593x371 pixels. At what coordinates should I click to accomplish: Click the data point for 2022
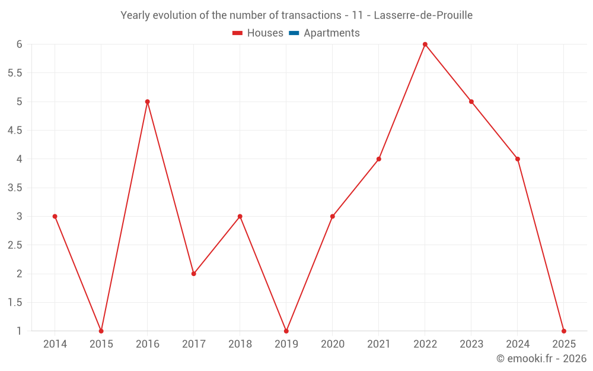[x=425, y=45]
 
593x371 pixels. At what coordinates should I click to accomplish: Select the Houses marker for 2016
[x=148, y=102]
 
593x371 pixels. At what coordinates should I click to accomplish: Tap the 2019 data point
[x=286, y=331]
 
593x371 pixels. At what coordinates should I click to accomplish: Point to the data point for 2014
[x=55, y=216]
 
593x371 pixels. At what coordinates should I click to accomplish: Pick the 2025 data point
[x=564, y=331]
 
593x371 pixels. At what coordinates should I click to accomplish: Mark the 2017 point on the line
[x=194, y=274]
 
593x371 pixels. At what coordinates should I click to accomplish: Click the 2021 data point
[x=379, y=159]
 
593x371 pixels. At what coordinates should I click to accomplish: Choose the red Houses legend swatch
[x=238, y=33]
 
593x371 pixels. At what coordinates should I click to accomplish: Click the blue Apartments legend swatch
[x=294, y=33]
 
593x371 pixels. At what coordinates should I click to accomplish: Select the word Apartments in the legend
[x=331, y=33]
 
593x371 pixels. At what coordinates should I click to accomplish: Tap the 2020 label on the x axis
[x=333, y=344]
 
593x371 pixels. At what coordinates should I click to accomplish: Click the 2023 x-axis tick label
[x=471, y=344]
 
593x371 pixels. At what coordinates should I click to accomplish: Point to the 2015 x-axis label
[x=101, y=344]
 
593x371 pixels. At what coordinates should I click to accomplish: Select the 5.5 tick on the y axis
[x=15, y=73]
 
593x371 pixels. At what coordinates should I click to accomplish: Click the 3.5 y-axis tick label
[x=15, y=188]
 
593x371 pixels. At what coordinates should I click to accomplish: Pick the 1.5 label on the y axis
[x=15, y=302]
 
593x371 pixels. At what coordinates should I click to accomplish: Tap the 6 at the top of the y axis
[x=20, y=45]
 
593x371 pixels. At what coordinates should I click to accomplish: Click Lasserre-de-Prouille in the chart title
[x=423, y=15]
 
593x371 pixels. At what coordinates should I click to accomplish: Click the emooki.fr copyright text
[x=541, y=359]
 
